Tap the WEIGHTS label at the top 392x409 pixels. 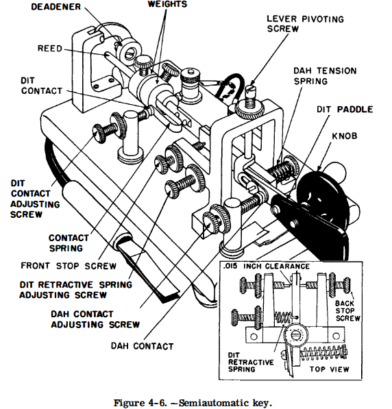tap(167, 4)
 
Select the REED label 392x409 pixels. tap(51, 49)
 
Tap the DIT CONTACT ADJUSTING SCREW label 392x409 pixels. tap(34, 199)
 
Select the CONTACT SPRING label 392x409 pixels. tap(69, 243)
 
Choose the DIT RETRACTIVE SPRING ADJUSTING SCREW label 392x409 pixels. tap(66, 288)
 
